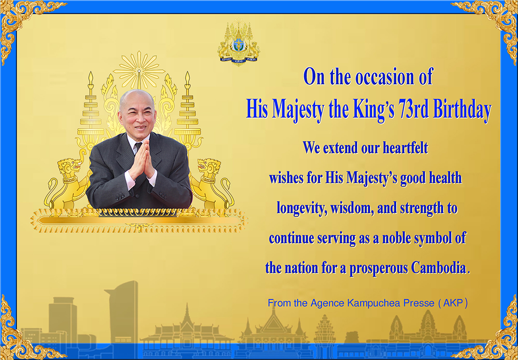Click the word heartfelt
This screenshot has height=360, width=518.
point(405,147)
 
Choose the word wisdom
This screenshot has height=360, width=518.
point(351,209)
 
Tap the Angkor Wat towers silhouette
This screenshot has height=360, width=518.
point(428,327)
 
